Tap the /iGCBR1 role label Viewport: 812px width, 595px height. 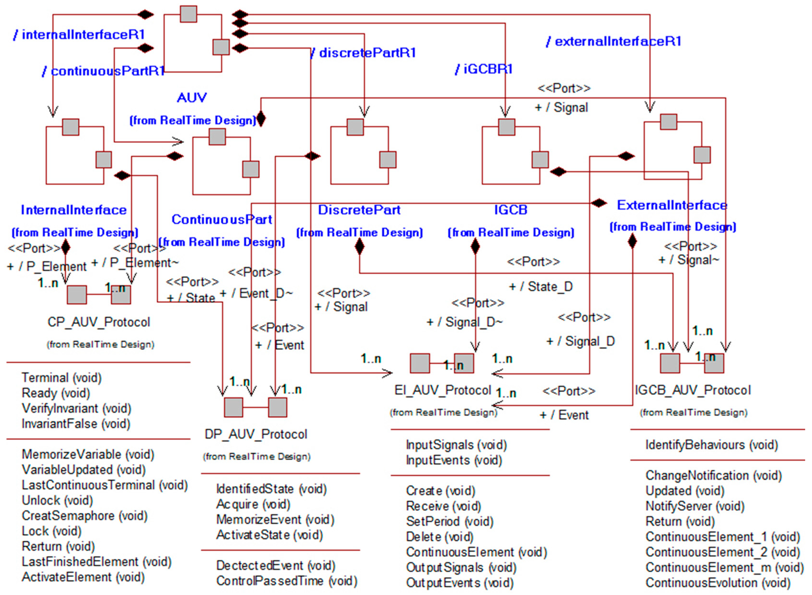[x=483, y=69]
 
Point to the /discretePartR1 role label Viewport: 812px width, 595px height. [x=363, y=53]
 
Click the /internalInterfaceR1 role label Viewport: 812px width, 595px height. [x=79, y=34]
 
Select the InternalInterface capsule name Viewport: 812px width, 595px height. [x=74, y=210]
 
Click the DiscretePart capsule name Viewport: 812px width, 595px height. [x=359, y=210]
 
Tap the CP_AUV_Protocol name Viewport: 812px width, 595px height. [x=99, y=322]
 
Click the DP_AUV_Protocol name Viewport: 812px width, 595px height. [x=256, y=434]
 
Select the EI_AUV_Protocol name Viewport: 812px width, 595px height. [x=443, y=390]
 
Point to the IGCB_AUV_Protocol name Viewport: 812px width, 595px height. [x=693, y=390]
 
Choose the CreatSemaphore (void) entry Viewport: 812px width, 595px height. [x=85, y=516]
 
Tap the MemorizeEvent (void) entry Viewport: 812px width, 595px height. [x=275, y=520]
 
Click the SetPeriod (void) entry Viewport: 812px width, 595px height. [x=449, y=521]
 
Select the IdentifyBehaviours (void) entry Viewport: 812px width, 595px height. [x=711, y=445]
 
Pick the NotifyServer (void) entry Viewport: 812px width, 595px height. [x=695, y=506]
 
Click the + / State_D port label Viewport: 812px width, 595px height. [x=541, y=287]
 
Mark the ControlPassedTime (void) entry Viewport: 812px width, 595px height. [x=287, y=581]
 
